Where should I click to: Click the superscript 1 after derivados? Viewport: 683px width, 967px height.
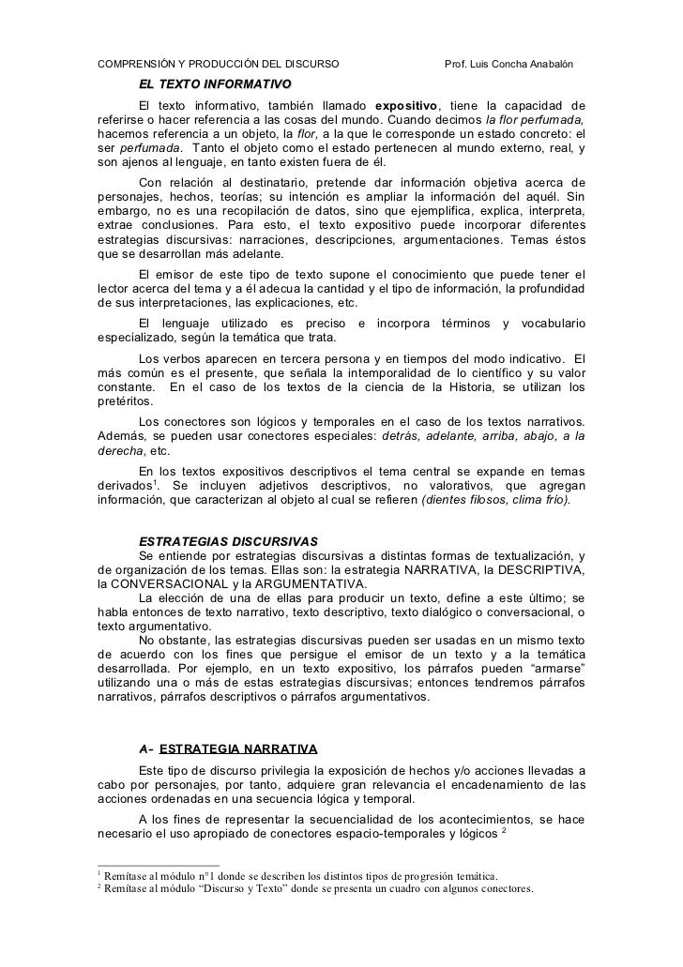[156, 481]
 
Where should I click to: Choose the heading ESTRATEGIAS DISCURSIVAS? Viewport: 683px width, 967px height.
[228, 541]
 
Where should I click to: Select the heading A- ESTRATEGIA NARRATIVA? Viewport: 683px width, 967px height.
[228, 748]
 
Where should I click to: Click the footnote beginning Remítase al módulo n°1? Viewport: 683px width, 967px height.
[301, 874]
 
